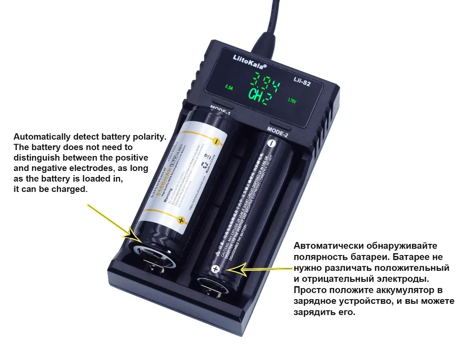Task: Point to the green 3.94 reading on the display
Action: (263, 85)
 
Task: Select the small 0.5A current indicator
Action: (230, 87)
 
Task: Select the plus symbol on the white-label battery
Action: (181, 220)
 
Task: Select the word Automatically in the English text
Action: (42, 137)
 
